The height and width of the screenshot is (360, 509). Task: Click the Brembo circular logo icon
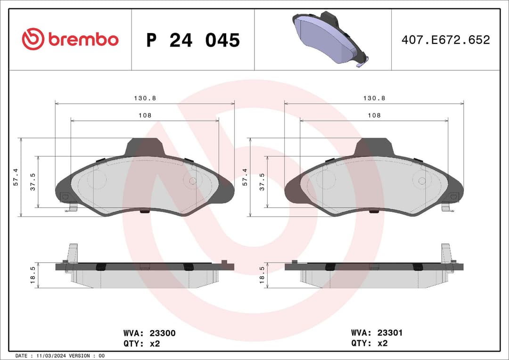(x=33, y=40)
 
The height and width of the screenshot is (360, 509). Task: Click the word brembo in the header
(x=83, y=40)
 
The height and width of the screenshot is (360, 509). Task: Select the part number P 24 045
(x=193, y=40)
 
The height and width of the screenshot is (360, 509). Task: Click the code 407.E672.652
(x=445, y=40)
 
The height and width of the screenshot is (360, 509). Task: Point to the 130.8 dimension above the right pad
(x=374, y=98)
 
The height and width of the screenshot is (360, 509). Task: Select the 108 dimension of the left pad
(x=145, y=115)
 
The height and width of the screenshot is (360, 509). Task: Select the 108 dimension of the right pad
(x=374, y=115)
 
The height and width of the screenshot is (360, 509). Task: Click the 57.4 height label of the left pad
(x=16, y=177)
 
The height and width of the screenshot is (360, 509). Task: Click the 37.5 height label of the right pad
(x=263, y=181)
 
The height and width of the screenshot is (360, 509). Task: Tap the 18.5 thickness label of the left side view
(x=33, y=276)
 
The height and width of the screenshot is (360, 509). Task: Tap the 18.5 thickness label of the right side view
(x=263, y=276)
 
